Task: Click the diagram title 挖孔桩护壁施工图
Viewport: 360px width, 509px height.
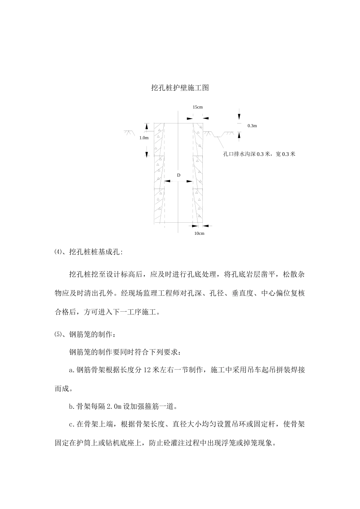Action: coord(180,88)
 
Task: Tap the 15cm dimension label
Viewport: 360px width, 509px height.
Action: coord(197,107)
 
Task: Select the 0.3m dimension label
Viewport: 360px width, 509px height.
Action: coord(252,125)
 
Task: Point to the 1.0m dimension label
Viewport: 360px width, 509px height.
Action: coord(144,137)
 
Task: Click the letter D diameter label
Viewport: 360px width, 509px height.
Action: coord(178,175)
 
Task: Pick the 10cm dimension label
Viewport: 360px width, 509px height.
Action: coord(199,233)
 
